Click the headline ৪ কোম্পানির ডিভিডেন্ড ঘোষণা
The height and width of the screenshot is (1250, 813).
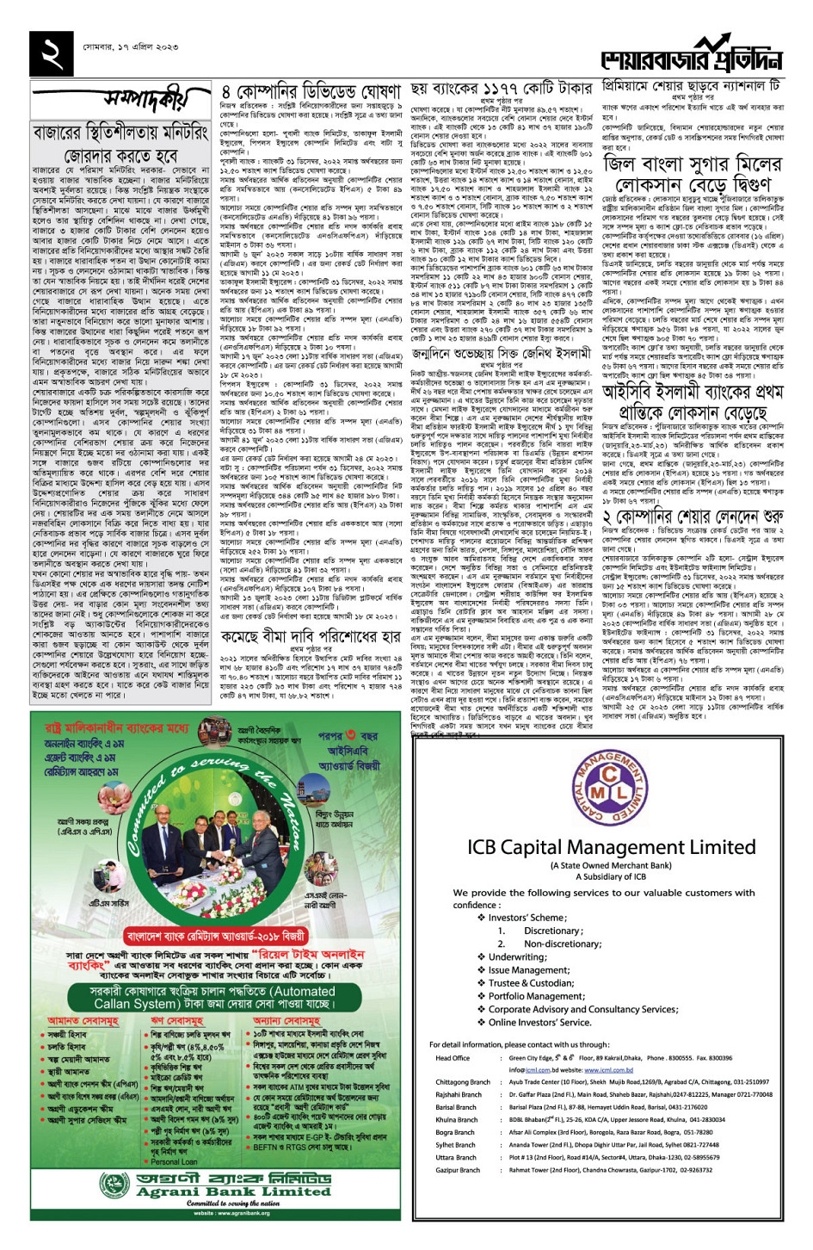311,91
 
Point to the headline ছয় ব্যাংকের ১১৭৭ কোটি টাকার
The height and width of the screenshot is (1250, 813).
502,89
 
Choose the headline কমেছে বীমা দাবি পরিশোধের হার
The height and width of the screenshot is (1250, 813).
311,637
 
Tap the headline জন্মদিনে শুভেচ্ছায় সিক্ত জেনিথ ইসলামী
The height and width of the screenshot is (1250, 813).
502,353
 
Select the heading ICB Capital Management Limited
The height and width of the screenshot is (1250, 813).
611,847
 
